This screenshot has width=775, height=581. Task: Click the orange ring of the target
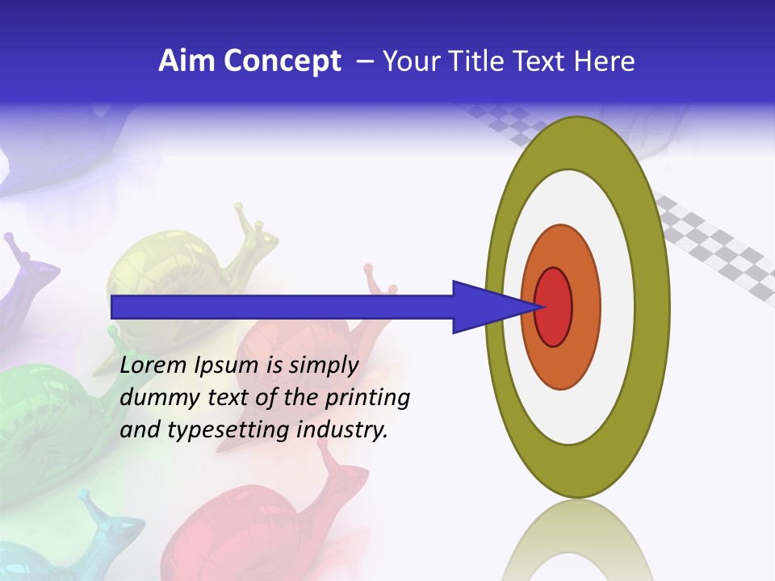coord(584,307)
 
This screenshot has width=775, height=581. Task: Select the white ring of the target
coord(618,307)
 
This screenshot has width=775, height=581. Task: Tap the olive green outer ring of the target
coord(654,307)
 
